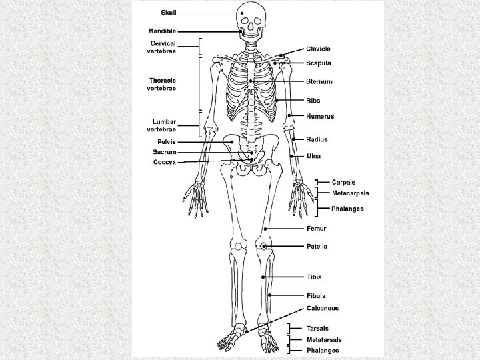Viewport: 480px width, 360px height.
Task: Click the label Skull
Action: click(168, 12)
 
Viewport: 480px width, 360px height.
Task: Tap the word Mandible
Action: click(163, 31)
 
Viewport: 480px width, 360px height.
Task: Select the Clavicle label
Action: click(318, 49)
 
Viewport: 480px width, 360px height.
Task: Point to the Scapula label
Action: click(318, 63)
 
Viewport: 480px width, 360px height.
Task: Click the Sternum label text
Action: click(319, 81)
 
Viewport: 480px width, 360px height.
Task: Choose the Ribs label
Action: click(313, 101)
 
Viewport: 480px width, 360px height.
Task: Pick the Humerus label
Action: click(320, 117)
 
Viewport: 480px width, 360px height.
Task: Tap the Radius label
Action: click(316, 139)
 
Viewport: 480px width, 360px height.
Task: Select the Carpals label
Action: click(345, 181)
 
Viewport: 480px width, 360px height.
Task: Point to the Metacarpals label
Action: click(351, 193)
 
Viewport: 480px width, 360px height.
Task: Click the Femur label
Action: click(315, 229)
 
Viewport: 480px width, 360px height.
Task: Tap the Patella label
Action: click(317, 246)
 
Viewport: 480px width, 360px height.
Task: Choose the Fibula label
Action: click(316, 295)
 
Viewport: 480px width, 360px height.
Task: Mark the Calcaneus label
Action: click(323, 308)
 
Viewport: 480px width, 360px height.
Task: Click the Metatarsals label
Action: click(323, 339)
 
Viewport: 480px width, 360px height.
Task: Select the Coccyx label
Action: click(165, 162)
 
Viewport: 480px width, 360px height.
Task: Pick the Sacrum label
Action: click(164, 152)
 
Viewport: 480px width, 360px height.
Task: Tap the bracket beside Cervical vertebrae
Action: click(200, 47)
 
